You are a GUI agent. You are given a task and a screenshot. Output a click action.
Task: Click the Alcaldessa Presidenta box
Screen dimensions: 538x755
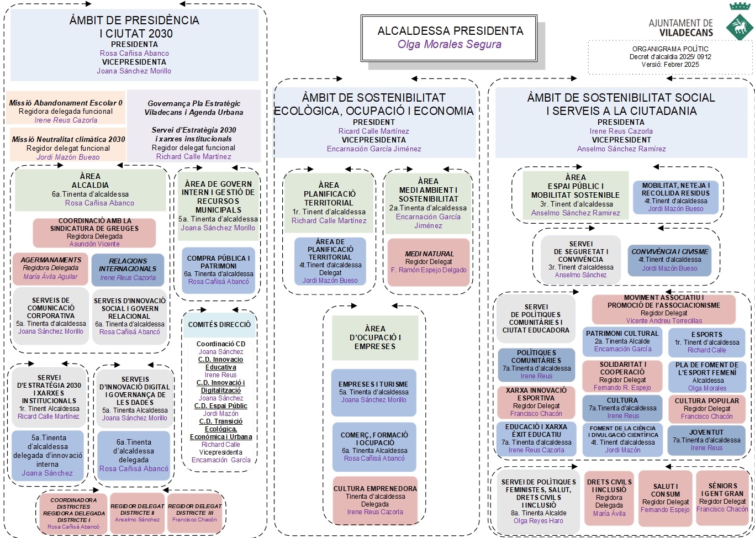450,38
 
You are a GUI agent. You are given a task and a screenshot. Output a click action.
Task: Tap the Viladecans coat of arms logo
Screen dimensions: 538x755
738,23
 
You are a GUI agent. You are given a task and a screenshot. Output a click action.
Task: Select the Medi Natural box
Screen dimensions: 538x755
429,262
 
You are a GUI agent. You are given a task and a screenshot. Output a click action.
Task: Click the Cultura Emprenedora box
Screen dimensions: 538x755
374,500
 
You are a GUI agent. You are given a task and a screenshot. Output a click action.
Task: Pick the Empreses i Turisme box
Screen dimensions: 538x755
374,392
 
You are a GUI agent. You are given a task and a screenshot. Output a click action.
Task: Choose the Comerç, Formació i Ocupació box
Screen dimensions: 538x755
374,446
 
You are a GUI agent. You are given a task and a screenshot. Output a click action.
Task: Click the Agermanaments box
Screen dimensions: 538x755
51,268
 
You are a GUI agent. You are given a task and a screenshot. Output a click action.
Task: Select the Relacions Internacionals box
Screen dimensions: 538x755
128,269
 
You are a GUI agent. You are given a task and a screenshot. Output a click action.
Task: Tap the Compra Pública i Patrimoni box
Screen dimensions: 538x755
218,270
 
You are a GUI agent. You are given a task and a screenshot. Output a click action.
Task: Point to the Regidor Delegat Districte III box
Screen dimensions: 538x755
194,513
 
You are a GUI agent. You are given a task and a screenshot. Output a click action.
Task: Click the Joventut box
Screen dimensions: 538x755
706,440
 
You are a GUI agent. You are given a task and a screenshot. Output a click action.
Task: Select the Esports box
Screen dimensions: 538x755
706,342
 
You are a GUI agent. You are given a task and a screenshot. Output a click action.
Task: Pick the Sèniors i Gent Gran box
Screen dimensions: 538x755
722,497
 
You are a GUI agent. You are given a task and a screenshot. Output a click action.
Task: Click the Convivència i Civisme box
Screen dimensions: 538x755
669,260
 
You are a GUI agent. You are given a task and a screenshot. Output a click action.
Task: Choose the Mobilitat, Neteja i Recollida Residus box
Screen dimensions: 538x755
675,197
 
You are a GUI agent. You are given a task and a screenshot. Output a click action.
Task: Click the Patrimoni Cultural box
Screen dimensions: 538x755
622,341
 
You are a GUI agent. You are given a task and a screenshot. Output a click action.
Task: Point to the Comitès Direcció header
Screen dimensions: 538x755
219,325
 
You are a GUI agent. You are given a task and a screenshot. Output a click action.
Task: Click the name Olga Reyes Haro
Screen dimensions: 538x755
538,521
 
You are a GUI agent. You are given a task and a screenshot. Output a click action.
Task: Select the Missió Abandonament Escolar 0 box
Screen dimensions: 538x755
66,111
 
